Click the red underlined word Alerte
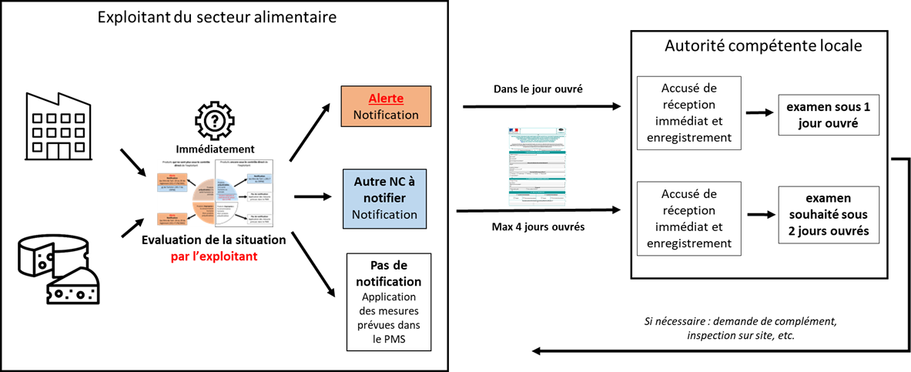[x=386, y=99]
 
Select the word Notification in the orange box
[x=386, y=115]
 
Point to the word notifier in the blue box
[x=384, y=198]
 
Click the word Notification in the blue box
[x=384, y=214]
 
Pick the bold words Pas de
[x=388, y=266]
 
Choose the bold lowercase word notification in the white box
[x=388, y=282]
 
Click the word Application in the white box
[x=388, y=297]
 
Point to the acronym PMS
[x=396, y=339]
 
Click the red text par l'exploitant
[x=214, y=256]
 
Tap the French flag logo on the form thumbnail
[x=514, y=130]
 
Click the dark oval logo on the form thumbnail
[x=561, y=130]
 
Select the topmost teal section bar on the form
[x=537, y=152]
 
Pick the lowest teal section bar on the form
[x=537, y=193]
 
